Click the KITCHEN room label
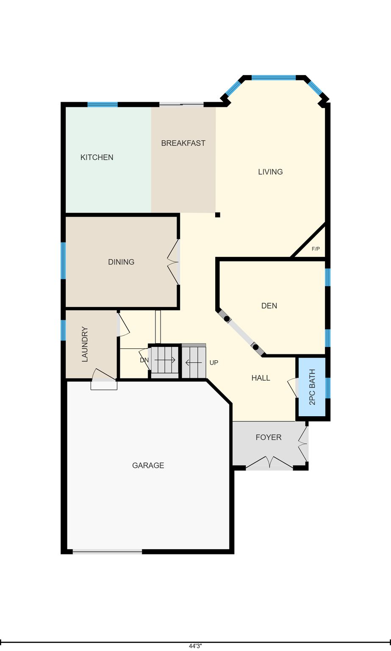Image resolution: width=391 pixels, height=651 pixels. coord(97,157)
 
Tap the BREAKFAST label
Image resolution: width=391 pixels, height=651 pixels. coord(183,143)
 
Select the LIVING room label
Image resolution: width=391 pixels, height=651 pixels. coord(270,172)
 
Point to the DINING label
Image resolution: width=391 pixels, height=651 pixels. coord(121,262)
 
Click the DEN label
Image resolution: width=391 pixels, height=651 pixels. coord(269,306)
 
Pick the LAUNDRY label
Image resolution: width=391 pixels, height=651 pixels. coord(85,344)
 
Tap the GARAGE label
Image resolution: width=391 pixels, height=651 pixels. coord(148,465)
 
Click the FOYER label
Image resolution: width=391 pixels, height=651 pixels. coord(269,437)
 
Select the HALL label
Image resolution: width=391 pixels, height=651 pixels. coord(261,378)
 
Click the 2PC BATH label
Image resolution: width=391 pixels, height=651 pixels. coord(312,387)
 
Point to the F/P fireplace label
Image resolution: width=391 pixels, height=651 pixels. coord(316,249)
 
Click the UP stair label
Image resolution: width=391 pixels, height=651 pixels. coord(214,362)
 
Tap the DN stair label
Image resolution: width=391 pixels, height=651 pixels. coord(144,360)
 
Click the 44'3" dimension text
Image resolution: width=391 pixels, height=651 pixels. coord(196,646)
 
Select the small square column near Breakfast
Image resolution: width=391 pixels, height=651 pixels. coord(218,215)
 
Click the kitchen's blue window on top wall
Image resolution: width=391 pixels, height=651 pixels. coord(103,105)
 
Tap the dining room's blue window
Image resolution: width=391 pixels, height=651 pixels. coord(63,261)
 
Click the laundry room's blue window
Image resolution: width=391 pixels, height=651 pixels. coord(63,330)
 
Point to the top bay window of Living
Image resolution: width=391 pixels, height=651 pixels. coord(274,78)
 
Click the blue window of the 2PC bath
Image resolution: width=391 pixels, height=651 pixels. coord(328,388)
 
